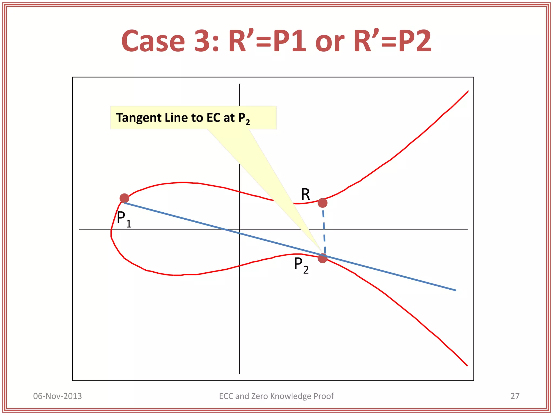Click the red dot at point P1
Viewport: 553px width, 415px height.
pos(124,198)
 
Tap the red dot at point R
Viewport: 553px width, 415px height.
pos(322,203)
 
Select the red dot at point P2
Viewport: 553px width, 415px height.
pos(322,258)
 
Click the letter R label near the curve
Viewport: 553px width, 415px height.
pos(305,195)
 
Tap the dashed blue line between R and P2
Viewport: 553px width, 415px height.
pos(324,230)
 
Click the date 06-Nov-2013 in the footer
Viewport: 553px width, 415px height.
pos(57,396)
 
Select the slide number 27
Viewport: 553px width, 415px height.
pos(515,396)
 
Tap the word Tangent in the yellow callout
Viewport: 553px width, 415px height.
pos(139,118)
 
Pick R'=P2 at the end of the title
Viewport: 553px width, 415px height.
pos(392,41)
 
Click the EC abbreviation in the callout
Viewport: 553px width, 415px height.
pos(213,118)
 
